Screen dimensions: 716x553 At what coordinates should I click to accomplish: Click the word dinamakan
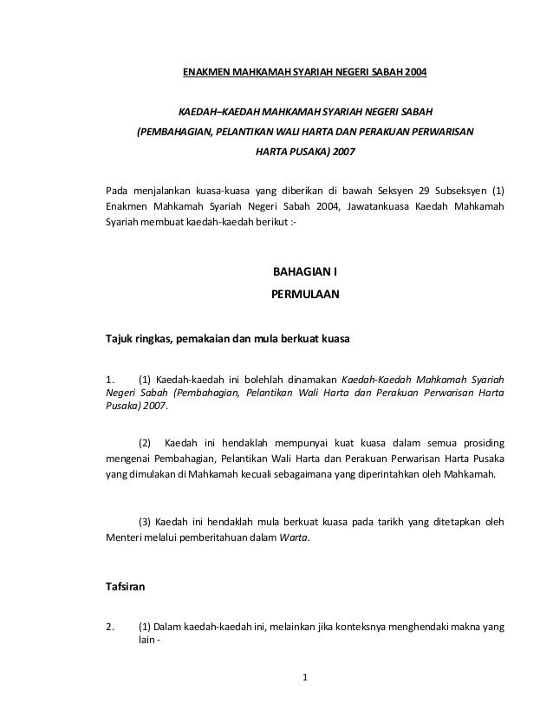pos(311,379)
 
